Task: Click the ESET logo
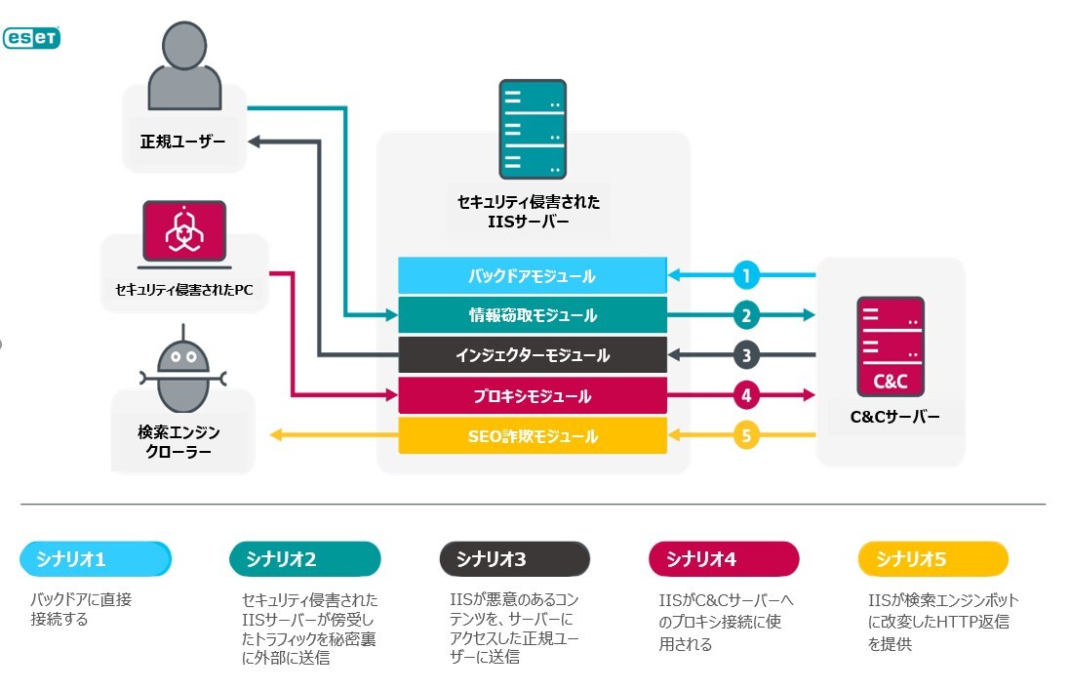click(x=31, y=37)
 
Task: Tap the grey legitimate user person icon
click(x=184, y=65)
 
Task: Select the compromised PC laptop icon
click(x=184, y=234)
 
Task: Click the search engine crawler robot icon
click(x=182, y=369)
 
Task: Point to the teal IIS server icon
click(x=533, y=129)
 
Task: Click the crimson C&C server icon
click(x=891, y=346)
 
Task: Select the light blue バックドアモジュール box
click(x=533, y=275)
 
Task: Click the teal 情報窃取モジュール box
click(x=533, y=315)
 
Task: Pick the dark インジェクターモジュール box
click(x=533, y=355)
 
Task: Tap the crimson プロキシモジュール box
click(x=533, y=395)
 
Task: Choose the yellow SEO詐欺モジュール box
click(x=533, y=435)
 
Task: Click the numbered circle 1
click(x=746, y=275)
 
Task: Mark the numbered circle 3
click(x=746, y=355)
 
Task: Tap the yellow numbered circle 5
click(x=746, y=435)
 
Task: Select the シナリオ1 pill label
click(x=96, y=559)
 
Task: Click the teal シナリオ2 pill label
click(x=305, y=559)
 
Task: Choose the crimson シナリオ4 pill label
click(x=724, y=559)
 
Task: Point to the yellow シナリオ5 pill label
click(x=932, y=559)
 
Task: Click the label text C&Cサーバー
click(x=894, y=417)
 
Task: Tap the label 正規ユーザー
click(x=182, y=142)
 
